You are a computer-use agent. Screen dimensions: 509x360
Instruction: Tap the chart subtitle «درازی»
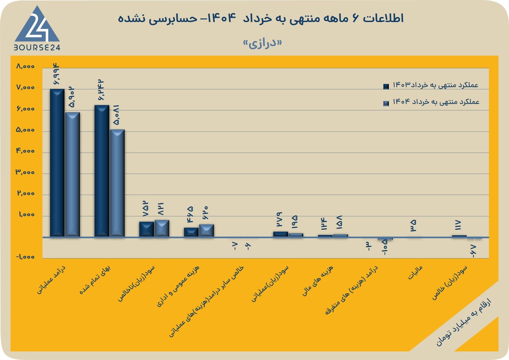click(x=263, y=43)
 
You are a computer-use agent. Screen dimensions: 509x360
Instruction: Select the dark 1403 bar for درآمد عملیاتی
click(x=57, y=163)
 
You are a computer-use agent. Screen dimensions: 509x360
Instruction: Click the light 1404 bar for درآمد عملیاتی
click(x=72, y=174)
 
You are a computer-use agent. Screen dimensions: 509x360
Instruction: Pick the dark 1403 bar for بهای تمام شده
click(x=102, y=171)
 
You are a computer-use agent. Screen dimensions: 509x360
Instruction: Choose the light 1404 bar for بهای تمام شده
click(x=117, y=183)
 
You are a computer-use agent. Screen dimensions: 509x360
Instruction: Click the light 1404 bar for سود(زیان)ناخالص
click(x=162, y=228)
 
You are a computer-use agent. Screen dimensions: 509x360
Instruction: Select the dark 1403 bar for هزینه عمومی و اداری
click(x=191, y=232)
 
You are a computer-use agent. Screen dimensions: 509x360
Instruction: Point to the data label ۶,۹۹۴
click(x=56, y=74)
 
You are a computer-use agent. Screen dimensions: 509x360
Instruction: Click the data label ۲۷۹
click(x=279, y=219)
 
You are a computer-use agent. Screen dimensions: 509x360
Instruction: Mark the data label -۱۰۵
click(x=385, y=247)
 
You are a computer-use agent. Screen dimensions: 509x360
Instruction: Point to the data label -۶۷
click(x=472, y=251)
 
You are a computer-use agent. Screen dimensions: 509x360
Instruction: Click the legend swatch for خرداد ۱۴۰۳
click(x=386, y=87)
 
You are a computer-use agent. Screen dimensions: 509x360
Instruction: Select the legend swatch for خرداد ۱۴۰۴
click(x=386, y=103)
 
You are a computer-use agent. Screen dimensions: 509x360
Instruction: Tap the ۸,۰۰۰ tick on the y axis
click(x=25, y=66)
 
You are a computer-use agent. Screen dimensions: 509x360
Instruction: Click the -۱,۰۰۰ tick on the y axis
click(x=25, y=257)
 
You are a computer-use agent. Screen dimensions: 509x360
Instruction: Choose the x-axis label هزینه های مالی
click(x=318, y=281)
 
